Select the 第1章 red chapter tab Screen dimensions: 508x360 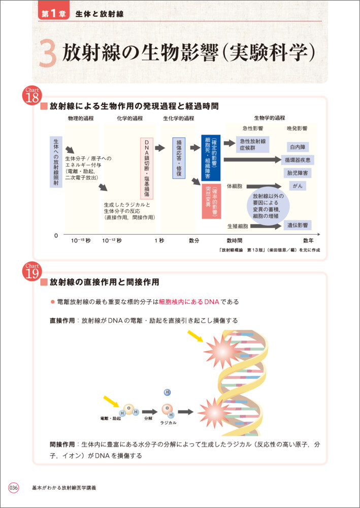coord(52,14)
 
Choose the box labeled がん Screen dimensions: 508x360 coord(297,186)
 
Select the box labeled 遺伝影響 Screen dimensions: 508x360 coord(297,225)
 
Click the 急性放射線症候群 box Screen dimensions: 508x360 coord(254,144)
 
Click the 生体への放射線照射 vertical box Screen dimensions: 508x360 coord(56,162)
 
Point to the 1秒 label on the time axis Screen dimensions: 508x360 coord(159,240)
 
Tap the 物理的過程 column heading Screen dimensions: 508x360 coord(81,118)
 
